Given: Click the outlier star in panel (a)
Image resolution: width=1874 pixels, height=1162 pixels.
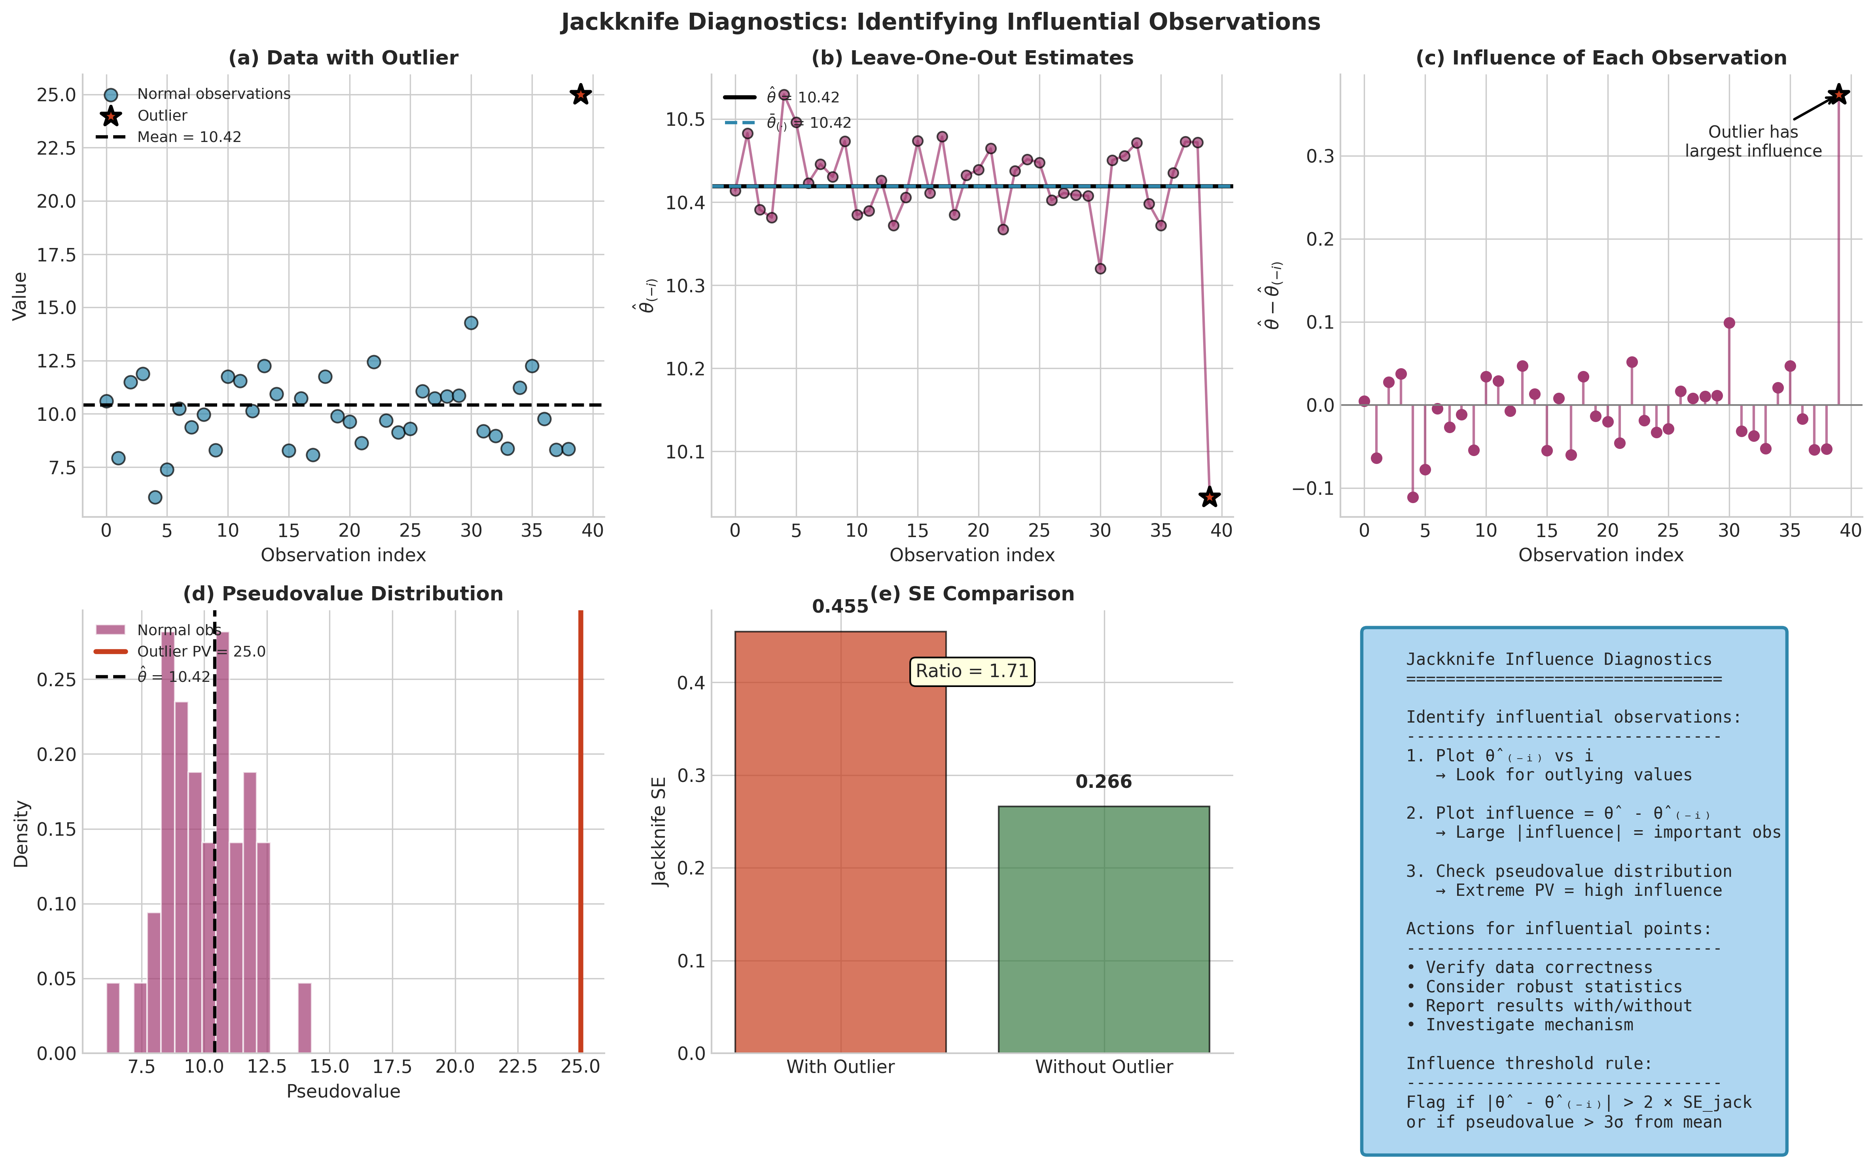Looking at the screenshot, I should pos(580,95).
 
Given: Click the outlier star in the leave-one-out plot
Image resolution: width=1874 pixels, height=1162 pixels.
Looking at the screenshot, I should pos(1210,497).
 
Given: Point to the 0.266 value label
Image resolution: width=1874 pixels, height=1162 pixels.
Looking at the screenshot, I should pos(1104,782).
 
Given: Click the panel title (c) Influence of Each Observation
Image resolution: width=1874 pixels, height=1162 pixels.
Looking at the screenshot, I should pos(1600,58).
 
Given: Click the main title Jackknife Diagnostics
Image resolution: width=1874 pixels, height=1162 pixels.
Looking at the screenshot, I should pos(941,21).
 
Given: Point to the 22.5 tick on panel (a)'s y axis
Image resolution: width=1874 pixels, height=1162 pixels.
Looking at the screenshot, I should pos(56,148).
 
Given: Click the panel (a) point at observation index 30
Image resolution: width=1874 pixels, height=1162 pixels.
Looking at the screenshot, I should pos(471,323).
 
